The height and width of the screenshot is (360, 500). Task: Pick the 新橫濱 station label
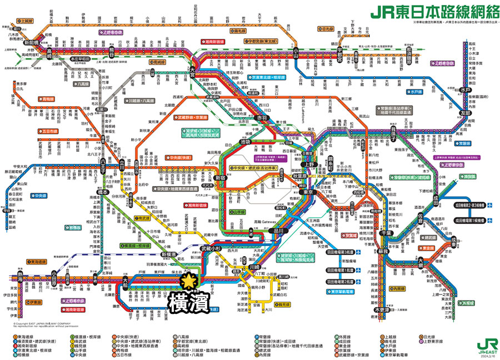coord(169,253)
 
